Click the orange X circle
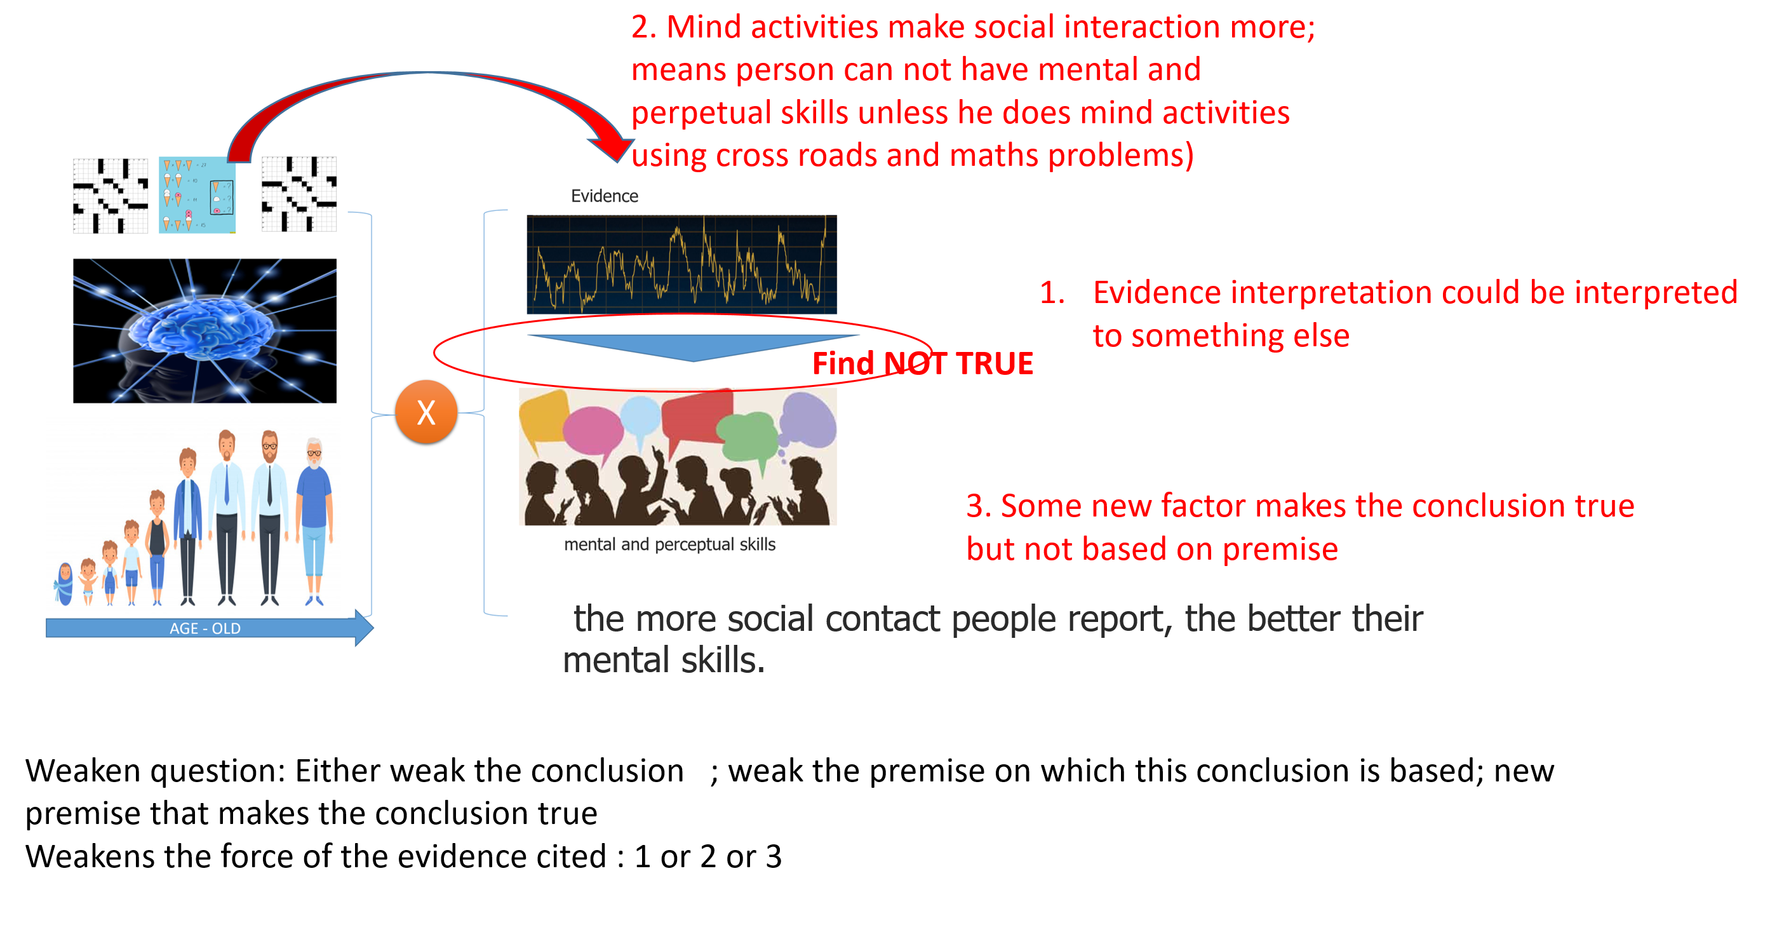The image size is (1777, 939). click(x=426, y=412)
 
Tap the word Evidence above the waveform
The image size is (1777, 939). click(x=603, y=196)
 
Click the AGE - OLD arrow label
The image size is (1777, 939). click(x=205, y=628)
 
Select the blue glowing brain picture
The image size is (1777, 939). click(x=205, y=330)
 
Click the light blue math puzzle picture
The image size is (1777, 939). click(x=198, y=194)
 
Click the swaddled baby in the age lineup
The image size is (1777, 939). click(x=65, y=583)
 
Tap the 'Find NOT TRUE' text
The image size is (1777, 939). click(x=922, y=363)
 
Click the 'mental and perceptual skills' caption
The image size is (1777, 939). click(x=669, y=544)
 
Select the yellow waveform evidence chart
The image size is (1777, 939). click(x=681, y=264)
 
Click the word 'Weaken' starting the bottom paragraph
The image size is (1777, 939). click(x=83, y=771)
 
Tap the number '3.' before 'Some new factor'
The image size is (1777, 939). click(x=979, y=506)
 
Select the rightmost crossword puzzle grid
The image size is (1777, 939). click(x=298, y=194)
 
